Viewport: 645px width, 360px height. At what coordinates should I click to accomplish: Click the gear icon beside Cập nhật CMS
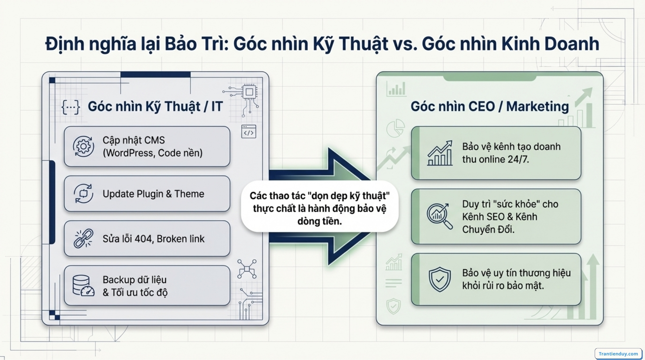83,146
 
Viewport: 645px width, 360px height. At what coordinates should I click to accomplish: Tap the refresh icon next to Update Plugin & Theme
83,193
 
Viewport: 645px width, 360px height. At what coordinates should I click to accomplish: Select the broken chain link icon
83,239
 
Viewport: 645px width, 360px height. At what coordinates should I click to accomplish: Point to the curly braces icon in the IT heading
71,107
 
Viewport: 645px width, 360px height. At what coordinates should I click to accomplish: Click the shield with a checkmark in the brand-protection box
440,279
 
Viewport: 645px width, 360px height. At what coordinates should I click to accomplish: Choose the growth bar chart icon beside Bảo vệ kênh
440,153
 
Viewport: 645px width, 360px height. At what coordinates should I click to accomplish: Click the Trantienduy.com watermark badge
618,354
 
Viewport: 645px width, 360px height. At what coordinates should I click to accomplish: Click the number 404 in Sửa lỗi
143,239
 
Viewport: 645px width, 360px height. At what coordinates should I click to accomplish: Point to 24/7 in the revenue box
518,159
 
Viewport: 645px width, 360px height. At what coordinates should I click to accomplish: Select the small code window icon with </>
249,132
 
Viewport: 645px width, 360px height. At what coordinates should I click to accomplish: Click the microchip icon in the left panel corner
249,92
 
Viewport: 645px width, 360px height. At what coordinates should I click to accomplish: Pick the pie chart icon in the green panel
396,128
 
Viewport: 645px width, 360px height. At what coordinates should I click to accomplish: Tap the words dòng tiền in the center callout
319,221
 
